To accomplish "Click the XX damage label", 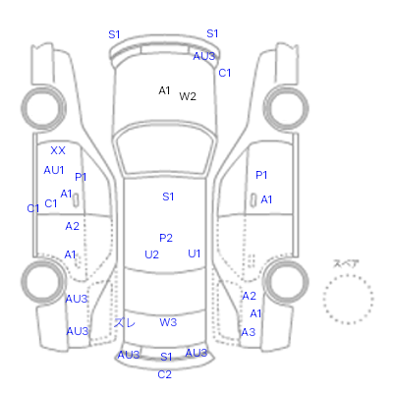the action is [x=58, y=150].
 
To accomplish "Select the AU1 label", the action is [x=54, y=170].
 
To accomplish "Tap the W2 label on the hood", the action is [x=188, y=96].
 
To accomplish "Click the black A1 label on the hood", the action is [x=164, y=90].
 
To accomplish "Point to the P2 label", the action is [x=166, y=238].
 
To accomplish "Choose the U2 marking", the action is [x=151, y=254].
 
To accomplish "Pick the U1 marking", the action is [x=195, y=253].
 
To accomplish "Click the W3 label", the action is [x=168, y=322].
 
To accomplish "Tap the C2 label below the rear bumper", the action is [x=164, y=374].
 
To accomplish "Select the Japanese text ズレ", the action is [x=125, y=323].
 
